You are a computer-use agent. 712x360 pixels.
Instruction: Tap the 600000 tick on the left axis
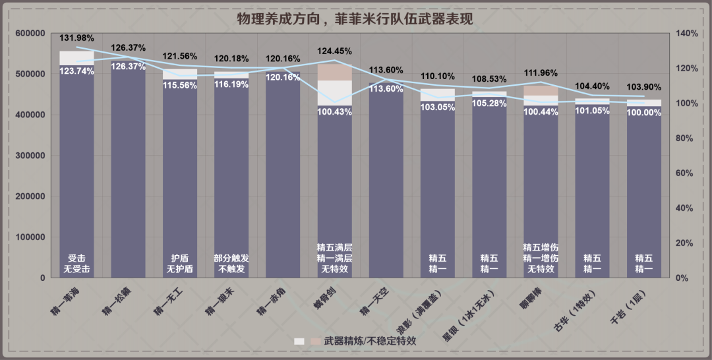[30, 34]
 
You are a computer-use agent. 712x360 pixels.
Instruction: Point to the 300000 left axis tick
[30, 156]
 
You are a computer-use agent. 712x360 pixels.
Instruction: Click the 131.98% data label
[76, 37]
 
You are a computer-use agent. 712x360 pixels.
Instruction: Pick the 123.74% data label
[76, 71]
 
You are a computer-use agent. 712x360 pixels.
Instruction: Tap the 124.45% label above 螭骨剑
[334, 51]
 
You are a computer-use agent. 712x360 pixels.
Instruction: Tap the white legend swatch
[299, 342]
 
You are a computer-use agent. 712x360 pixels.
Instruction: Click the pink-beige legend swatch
[316, 342]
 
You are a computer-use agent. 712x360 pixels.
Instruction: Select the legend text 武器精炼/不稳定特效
[370, 342]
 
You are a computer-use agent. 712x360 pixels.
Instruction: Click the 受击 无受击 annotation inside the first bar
[76, 264]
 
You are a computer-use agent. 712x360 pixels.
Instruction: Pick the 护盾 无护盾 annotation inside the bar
[179, 264]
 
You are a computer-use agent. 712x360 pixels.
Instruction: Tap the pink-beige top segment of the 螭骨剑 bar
[334, 72]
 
